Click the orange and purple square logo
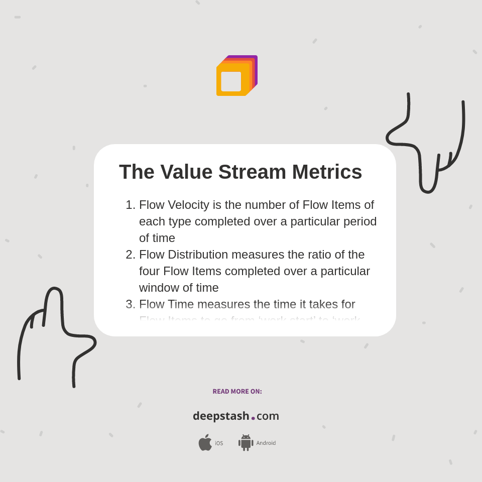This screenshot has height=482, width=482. coord(236,76)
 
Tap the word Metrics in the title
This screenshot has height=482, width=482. coord(327,172)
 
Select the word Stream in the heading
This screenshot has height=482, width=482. coord(252,172)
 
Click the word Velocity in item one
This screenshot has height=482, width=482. coord(188,205)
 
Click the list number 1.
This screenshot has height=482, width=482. coord(130,205)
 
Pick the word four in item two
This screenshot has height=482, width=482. coord(149,271)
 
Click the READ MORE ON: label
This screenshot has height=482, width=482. coord(237,392)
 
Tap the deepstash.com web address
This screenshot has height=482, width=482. coord(236,416)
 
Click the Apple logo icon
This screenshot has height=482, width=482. coord(205,442)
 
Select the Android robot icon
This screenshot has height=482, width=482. coord(246,442)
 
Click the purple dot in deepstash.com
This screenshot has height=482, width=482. coord(253,418)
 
